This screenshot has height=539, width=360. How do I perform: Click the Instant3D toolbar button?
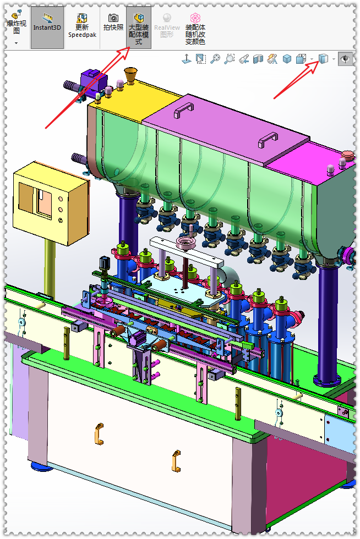tap(47, 28)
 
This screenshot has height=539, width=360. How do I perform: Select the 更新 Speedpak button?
tap(82, 25)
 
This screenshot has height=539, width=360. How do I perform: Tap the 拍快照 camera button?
tap(113, 23)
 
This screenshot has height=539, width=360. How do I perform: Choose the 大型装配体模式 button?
tap(139, 28)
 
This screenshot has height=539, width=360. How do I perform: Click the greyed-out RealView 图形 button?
tap(167, 25)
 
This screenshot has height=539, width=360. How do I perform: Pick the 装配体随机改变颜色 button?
tap(195, 29)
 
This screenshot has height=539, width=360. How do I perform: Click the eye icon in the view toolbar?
tap(345, 59)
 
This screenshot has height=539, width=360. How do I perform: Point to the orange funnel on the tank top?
tap(131, 75)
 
